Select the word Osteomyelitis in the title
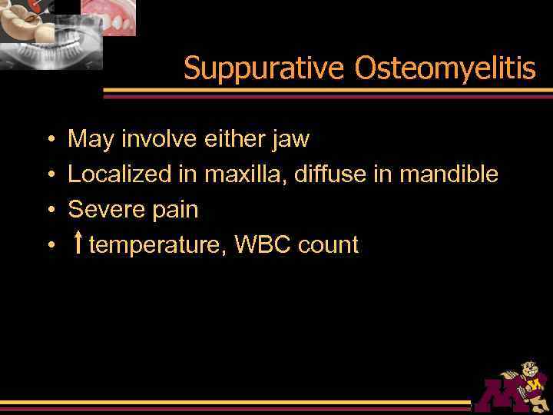(445, 69)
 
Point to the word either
(230, 139)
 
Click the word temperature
(158, 245)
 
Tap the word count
(328, 245)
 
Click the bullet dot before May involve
(49, 140)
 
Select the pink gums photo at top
(108, 15)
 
